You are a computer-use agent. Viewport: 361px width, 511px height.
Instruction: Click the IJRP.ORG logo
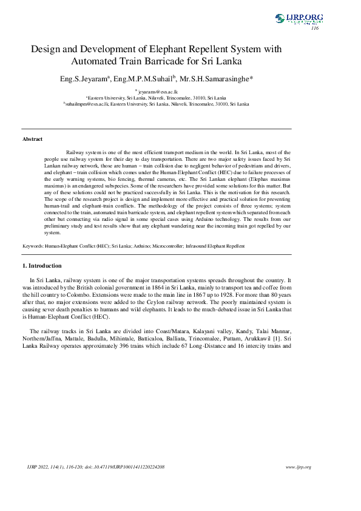click(x=299, y=19)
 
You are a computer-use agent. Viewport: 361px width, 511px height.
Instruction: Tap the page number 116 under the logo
click(x=314, y=29)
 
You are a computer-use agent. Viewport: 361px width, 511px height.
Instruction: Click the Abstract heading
click(x=32, y=139)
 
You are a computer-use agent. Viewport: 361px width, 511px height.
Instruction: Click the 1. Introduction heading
click(x=42, y=266)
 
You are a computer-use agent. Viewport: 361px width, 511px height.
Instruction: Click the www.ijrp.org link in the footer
click(x=298, y=467)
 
